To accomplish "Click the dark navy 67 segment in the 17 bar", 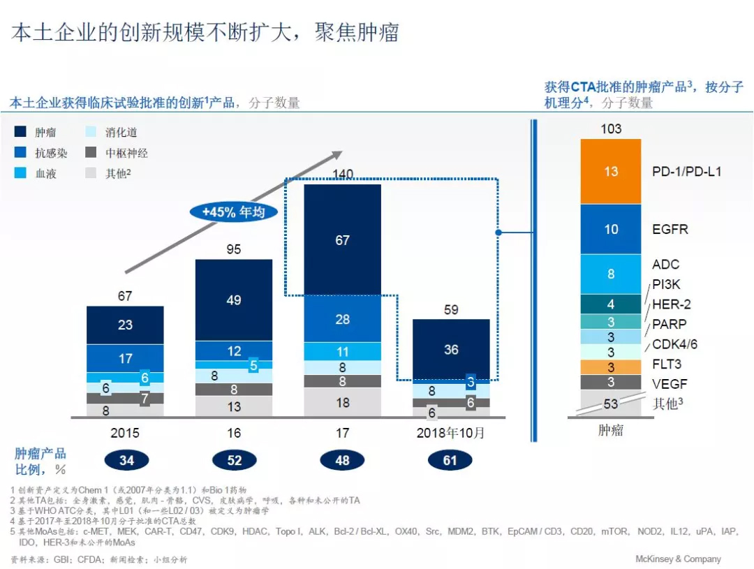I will click(x=342, y=240).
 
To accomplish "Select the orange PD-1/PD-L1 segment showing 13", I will click(x=611, y=171).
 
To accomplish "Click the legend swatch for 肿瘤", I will click(x=21, y=132).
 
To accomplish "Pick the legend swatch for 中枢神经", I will click(x=91, y=153).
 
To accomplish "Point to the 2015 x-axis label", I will click(x=125, y=433).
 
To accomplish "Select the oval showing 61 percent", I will click(x=450, y=461).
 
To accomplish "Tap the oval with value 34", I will click(x=126, y=461).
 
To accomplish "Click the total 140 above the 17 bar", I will click(x=342, y=174).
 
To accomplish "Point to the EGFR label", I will click(x=670, y=229).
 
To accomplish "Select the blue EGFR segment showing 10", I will click(x=611, y=229).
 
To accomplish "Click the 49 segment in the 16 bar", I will click(x=233, y=300).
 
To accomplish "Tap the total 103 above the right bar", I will click(x=611, y=128).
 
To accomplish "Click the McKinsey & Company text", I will click(x=677, y=559).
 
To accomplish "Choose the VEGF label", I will click(x=669, y=383).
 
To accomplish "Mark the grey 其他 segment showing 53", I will click(x=611, y=404).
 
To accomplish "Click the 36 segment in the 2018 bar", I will click(x=451, y=349).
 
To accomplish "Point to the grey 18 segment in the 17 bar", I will click(x=342, y=403).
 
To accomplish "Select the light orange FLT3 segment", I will click(x=611, y=367).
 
